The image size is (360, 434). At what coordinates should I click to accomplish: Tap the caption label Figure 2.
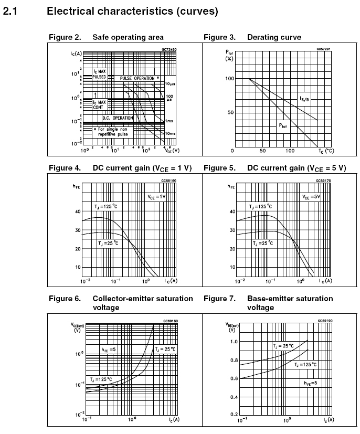65,37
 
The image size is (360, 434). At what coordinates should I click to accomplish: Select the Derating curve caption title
274,37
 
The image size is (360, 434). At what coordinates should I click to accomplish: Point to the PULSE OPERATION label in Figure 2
137,78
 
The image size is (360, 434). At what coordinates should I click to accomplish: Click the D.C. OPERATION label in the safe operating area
118,118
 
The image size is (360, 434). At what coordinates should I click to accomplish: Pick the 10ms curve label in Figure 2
170,134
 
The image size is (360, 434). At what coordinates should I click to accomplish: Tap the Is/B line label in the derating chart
304,99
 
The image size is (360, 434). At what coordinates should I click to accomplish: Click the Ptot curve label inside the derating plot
284,125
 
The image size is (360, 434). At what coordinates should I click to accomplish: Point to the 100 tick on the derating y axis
228,79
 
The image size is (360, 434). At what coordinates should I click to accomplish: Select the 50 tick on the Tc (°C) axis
262,151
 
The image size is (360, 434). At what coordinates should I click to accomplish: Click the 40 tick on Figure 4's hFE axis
78,211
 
